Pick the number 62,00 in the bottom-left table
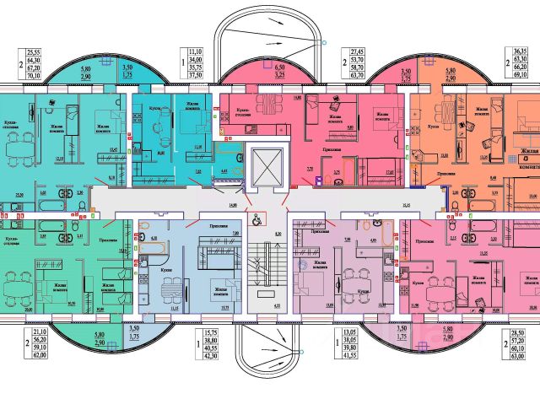[36, 369]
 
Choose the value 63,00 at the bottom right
[524, 369]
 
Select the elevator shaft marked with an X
[269, 167]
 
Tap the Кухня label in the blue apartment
[159, 271]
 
